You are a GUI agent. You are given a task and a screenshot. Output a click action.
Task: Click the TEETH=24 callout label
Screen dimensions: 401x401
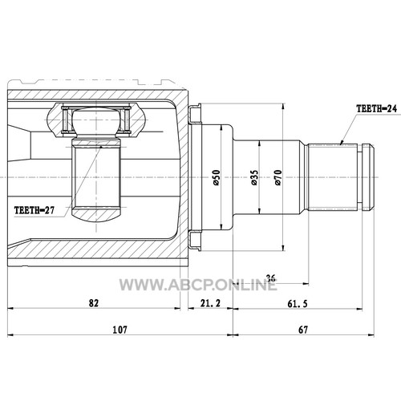point(376,108)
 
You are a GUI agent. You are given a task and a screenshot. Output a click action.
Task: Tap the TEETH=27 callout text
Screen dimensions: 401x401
point(34,210)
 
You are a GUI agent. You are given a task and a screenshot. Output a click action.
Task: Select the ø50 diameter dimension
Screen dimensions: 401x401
point(217,177)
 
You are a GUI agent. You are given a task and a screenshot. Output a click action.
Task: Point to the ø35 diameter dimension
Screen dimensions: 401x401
point(254,177)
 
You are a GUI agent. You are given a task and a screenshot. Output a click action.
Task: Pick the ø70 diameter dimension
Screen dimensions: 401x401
point(278,177)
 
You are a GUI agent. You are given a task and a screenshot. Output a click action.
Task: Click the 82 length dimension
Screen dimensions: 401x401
point(94,303)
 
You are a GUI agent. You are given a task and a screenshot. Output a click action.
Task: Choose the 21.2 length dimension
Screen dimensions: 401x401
point(210,303)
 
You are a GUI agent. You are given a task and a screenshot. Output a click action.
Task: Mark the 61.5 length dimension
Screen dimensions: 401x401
point(298,304)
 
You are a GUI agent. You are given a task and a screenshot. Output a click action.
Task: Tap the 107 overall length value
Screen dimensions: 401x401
point(119,330)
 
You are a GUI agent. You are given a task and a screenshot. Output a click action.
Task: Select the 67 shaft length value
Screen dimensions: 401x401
point(303,330)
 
